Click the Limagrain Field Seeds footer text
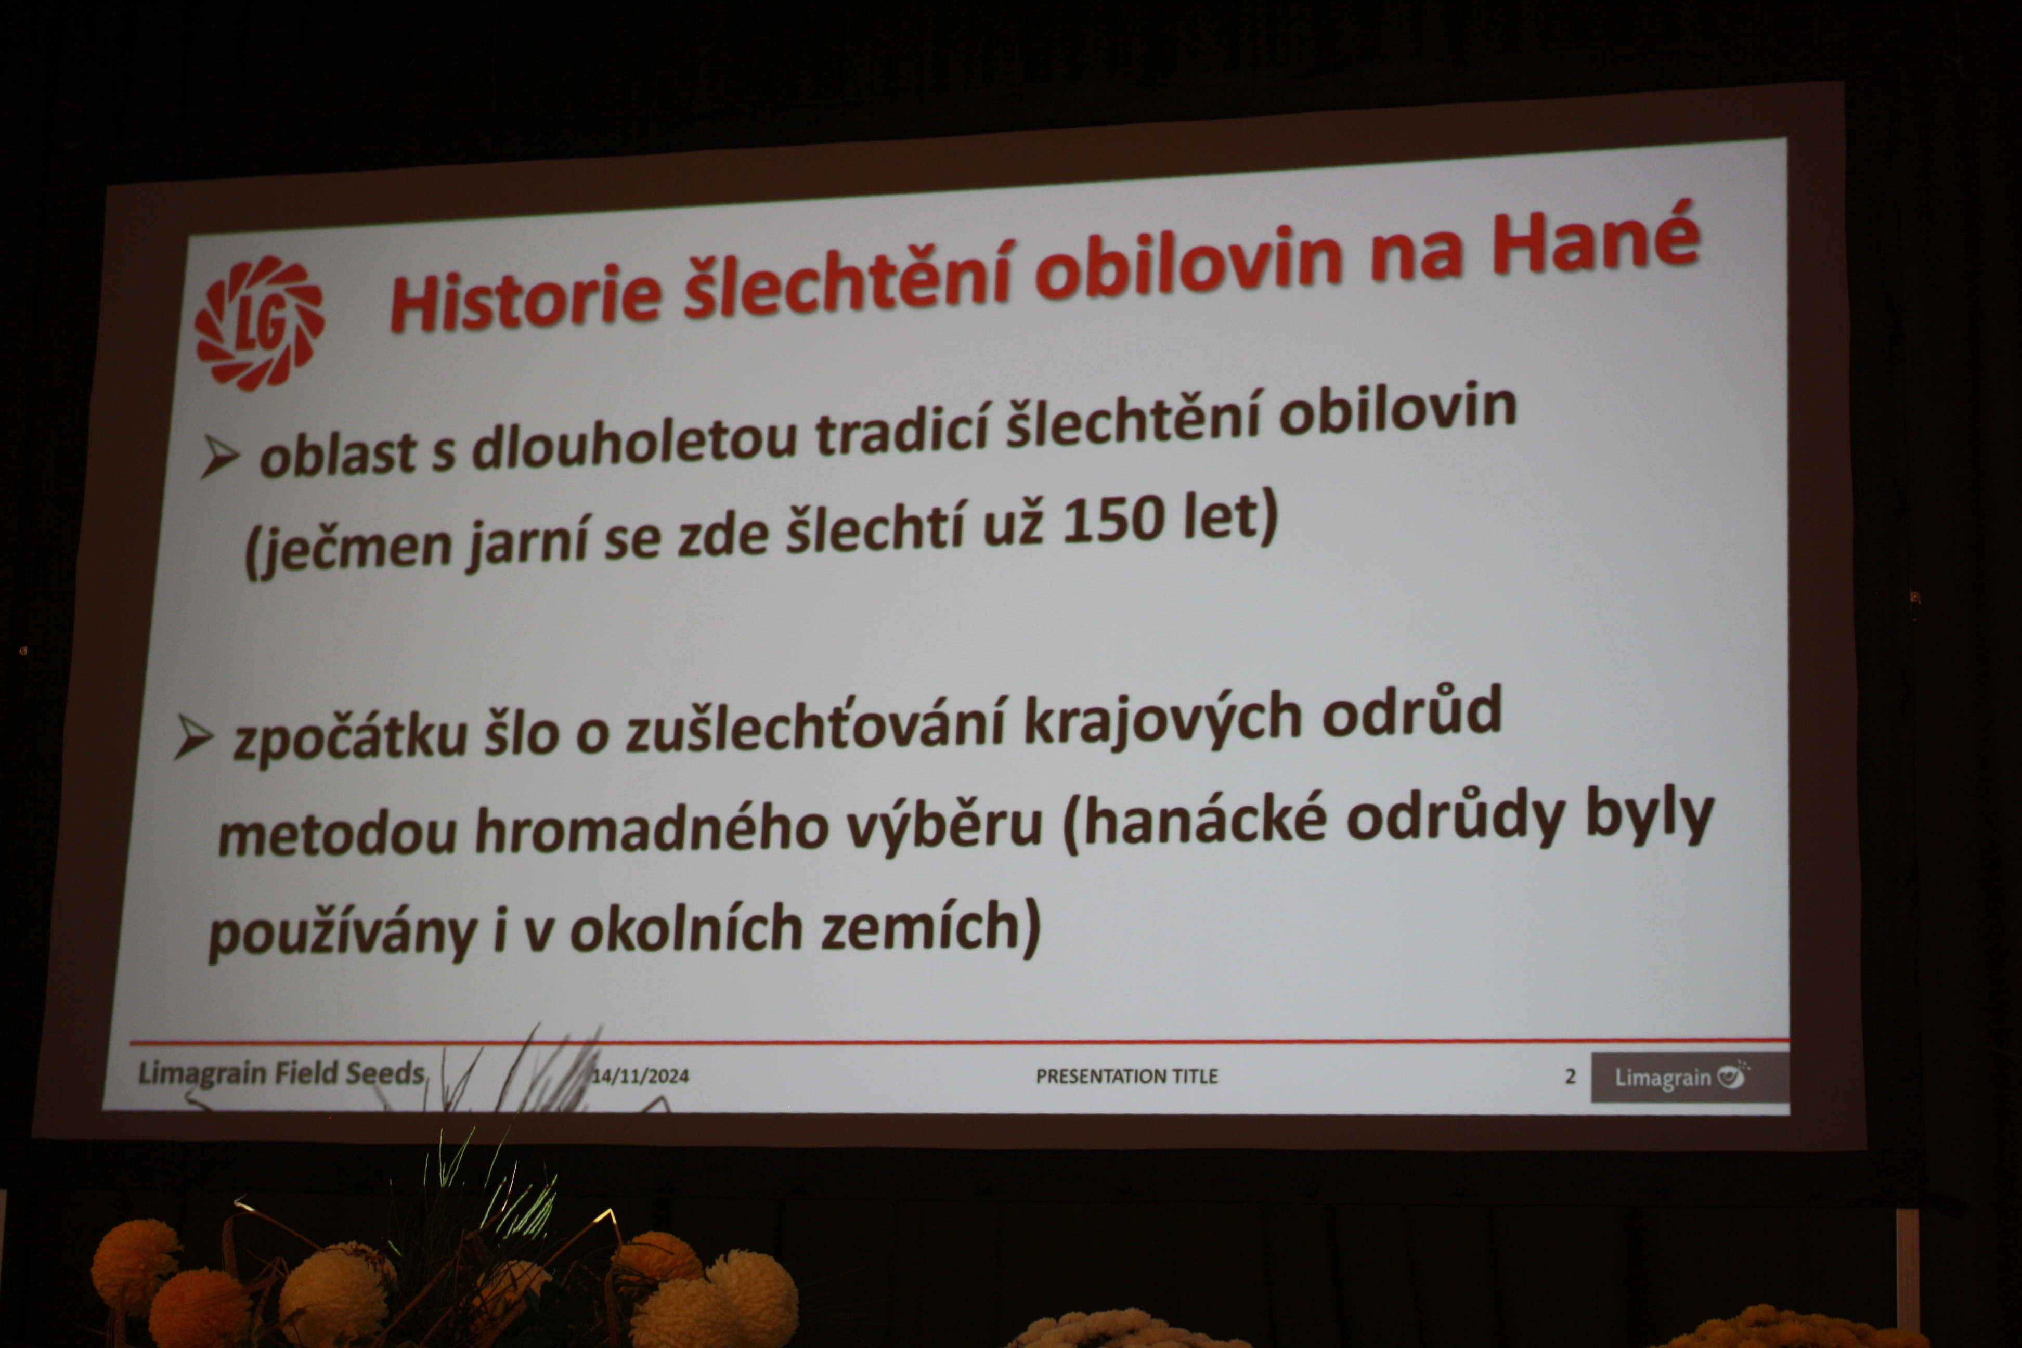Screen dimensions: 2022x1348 281,1074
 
